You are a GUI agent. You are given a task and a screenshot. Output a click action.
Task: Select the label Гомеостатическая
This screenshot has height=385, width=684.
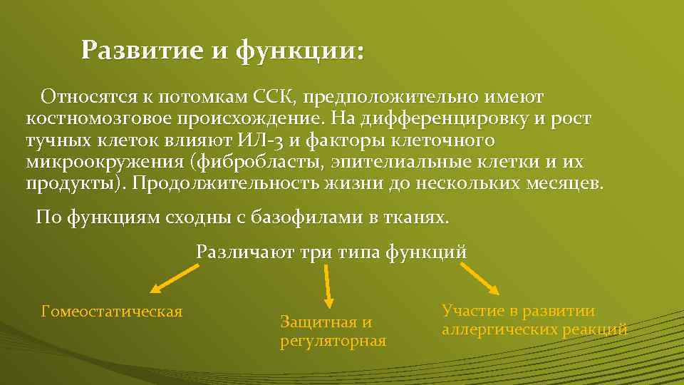[x=112, y=312]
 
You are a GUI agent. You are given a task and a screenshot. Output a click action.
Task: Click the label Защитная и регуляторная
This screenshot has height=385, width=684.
[x=333, y=332]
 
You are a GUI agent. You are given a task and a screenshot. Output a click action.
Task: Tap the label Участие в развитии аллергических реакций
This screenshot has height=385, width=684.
[x=534, y=320]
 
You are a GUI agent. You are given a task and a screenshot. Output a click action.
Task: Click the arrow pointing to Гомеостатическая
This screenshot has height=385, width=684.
[x=174, y=279]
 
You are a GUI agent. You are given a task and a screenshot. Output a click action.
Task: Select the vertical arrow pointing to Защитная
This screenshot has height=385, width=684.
[x=328, y=287]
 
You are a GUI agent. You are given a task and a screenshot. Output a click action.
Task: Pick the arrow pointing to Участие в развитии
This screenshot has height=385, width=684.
[x=480, y=278]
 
